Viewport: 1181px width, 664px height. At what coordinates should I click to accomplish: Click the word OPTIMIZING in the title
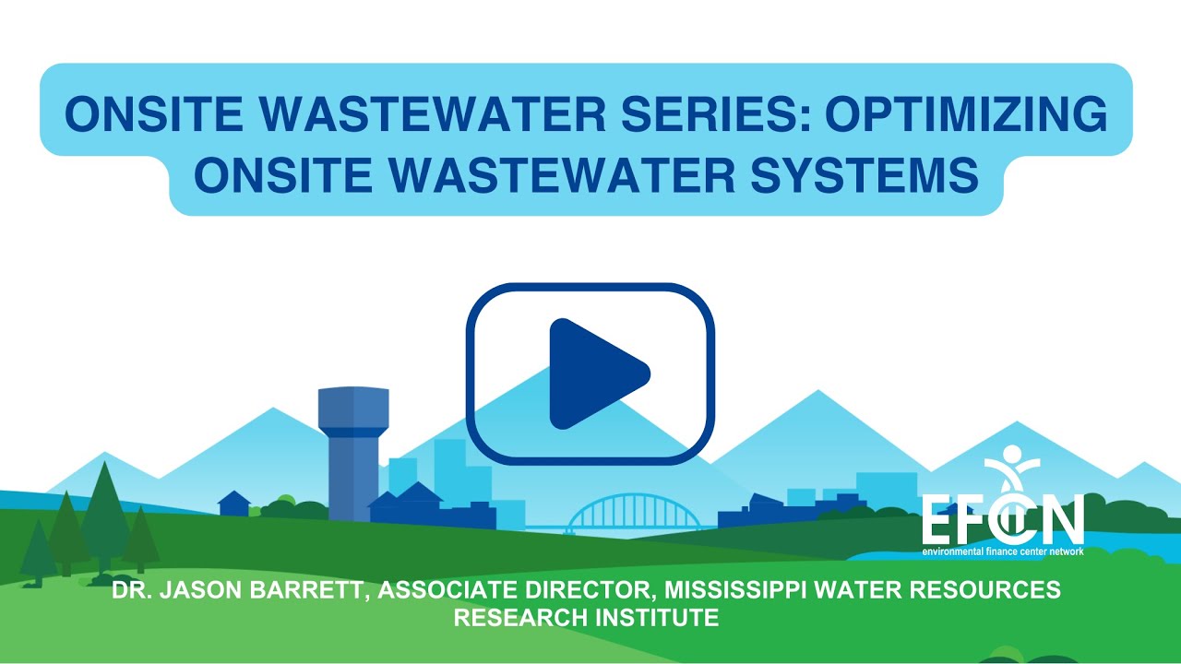(965, 114)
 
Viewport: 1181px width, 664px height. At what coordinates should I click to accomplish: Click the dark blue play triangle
(595, 373)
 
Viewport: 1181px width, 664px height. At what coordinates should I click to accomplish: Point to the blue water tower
(347, 452)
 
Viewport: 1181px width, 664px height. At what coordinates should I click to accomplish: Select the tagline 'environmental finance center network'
(1002, 551)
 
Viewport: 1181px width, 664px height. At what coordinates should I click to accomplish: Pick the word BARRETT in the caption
(310, 590)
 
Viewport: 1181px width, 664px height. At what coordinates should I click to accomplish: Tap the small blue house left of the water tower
(234, 504)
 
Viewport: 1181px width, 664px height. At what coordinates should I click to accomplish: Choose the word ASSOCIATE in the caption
(441, 590)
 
